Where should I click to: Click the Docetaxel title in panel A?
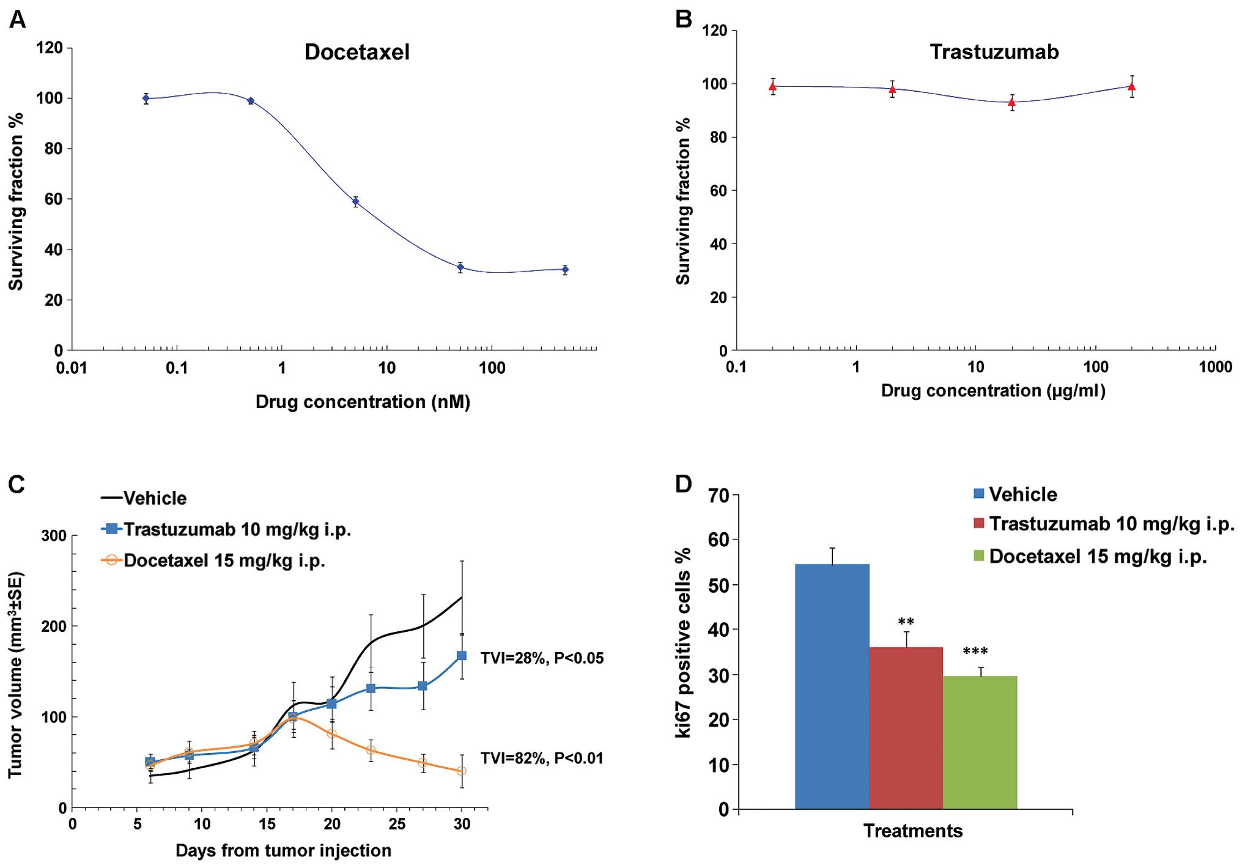(x=357, y=53)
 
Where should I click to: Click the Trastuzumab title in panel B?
(x=994, y=52)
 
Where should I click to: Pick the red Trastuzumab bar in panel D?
(x=906, y=728)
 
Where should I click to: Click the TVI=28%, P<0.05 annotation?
(x=542, y=658)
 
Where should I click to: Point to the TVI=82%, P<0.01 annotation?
(x=542, y=759)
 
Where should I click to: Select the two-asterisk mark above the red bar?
(x=906, y=623)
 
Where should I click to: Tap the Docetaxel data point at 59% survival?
(x=355, y=201)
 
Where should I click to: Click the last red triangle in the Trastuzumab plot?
(x=1132, y=87)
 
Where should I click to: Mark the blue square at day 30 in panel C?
(x=462, y=656)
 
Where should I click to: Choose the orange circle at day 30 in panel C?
(x=462, y=771)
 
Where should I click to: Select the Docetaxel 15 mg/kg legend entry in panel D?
(x=1097, y=557)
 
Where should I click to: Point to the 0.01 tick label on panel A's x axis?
(x=72, y=368)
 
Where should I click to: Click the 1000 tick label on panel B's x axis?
(x=1214, y=367)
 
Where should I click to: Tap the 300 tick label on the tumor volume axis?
(x=54, y=536)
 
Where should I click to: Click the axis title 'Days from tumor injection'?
(x=283, y=851)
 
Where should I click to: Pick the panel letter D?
(x=683, y=484)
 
